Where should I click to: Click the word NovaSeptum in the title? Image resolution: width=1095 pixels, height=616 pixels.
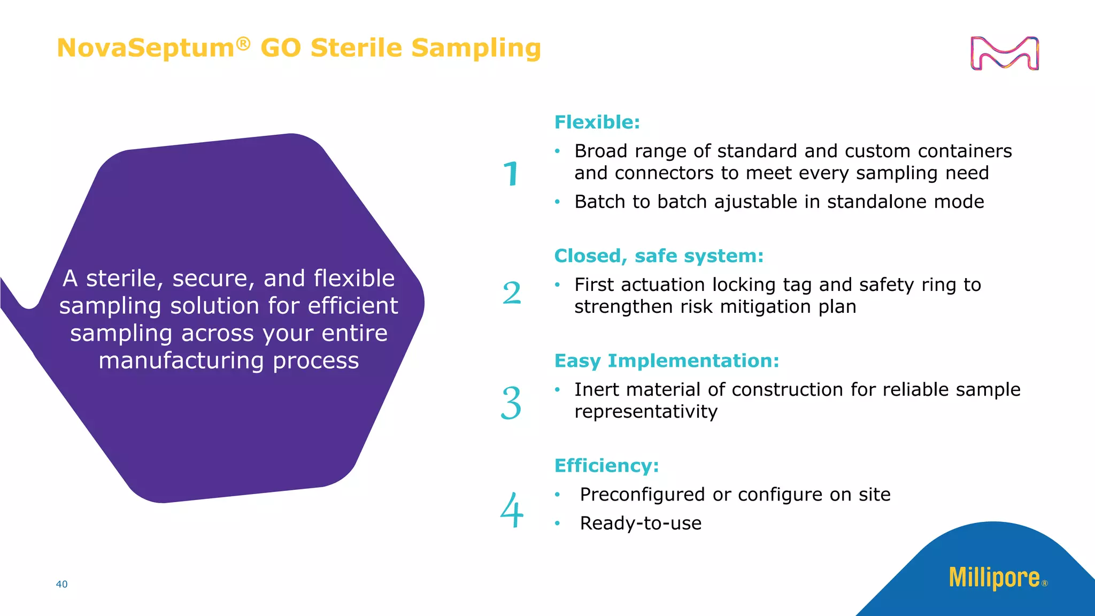coord(145,48)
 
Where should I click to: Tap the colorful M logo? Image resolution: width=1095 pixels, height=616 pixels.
coord(1004,53)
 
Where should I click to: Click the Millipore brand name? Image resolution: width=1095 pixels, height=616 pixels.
coord(994,578)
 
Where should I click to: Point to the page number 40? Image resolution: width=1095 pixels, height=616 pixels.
coord(61,584)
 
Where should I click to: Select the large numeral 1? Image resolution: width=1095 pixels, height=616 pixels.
coord(512,174)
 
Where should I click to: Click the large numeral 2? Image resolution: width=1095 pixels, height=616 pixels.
coord(512,293)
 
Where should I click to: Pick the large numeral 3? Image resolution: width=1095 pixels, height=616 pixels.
coord(511,403)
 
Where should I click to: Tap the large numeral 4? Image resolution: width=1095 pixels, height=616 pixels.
coord(512,511)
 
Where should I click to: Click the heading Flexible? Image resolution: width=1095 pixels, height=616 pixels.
coord(597,122)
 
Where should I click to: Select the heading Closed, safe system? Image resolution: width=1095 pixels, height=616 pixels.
coord(659,256)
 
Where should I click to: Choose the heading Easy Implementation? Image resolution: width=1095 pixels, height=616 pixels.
coord(667,361)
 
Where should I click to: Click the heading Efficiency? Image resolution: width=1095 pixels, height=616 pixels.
coord(606,466)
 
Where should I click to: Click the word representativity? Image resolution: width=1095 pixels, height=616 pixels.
coord(646,412)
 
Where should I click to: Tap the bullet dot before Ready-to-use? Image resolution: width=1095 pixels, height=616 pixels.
coord(557,523)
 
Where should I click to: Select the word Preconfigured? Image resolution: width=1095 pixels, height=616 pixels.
coord(642,495)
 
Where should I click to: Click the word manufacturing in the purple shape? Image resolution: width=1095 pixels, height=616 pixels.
coord(181,361)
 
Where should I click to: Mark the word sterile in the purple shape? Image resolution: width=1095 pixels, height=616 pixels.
coord(125,279)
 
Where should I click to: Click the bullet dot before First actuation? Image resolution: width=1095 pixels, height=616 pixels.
coord(557,285)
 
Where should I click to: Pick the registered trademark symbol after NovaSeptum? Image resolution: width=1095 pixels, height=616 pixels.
coord(243,43)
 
